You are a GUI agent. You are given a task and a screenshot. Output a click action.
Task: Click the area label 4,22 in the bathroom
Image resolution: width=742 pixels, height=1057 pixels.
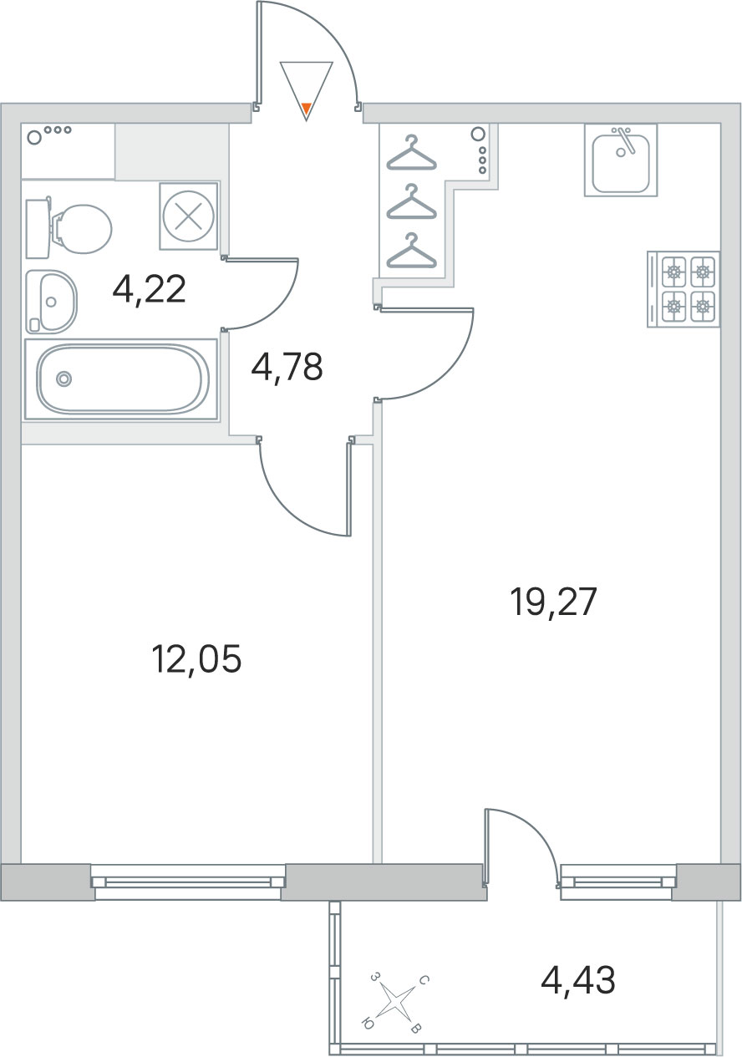tap(149, 290)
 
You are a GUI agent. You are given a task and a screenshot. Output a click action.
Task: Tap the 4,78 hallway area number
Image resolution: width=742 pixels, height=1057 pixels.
tap(287, 367)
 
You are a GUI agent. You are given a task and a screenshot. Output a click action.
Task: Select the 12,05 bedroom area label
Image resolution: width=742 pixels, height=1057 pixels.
tap(196, 659)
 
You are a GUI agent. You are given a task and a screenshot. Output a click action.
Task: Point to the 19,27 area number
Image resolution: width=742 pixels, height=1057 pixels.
tap(554, 602)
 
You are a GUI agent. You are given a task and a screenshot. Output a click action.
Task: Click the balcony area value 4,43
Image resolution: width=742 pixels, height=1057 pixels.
tap(578, 979)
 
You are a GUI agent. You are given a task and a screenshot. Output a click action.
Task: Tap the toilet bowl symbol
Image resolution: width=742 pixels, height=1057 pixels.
tap(69, 229)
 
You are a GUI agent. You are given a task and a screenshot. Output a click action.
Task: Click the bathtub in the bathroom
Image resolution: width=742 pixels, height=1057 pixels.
tap(122, 379)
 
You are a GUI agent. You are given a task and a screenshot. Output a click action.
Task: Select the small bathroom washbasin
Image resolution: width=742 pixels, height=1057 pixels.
tap(51, 302)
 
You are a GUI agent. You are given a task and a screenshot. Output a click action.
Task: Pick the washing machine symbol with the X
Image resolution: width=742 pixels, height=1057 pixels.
tap(189, 216)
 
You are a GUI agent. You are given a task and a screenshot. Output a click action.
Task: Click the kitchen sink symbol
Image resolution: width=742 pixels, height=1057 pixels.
tap(621, 160)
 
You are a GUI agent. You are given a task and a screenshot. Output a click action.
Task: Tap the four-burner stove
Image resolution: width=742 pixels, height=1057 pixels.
tap(683, 289)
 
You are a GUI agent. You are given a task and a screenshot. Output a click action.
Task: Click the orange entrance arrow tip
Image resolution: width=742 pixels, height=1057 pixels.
tap(307, 110)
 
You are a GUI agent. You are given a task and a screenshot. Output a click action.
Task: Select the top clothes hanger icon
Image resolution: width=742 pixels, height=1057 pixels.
tap(412, 152)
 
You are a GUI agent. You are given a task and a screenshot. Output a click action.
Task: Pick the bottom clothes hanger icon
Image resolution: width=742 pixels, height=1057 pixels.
tap(412, 251)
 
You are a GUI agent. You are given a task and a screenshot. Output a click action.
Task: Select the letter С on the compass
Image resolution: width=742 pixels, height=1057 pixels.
tap(424, 979)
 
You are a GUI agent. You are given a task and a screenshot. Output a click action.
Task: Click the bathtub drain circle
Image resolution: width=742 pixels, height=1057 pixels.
tap(64, 379)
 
